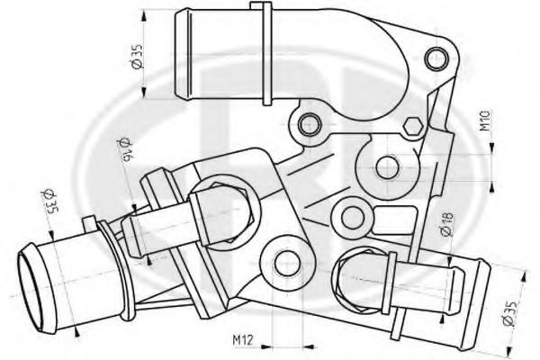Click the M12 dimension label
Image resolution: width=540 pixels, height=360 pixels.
tap(243, 340)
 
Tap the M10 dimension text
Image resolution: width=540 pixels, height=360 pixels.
tap(485, 121)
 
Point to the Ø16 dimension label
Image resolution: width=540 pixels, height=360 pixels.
tap(125, 150)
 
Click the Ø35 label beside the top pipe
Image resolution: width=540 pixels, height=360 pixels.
tap(137, 56)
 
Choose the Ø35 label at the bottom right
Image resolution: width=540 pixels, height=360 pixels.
tap(509, 313)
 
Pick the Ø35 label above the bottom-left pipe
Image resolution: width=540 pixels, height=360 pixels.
tap(48, 202)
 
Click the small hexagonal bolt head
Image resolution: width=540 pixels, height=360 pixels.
tap(412, 127)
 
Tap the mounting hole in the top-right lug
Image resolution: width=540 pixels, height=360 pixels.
tap(437, 58)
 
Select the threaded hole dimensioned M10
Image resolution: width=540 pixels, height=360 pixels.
tap(387, 167)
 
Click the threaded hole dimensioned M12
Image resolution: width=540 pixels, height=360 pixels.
tap(288, 264)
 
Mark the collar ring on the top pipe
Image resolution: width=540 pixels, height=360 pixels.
tap(267, 53)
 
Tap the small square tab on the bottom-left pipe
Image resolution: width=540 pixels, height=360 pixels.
tap(89, 223)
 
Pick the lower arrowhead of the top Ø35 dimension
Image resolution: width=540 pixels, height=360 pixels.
tap(144, 92)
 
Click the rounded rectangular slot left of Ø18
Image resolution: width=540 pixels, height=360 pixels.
tap(392, 220)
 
